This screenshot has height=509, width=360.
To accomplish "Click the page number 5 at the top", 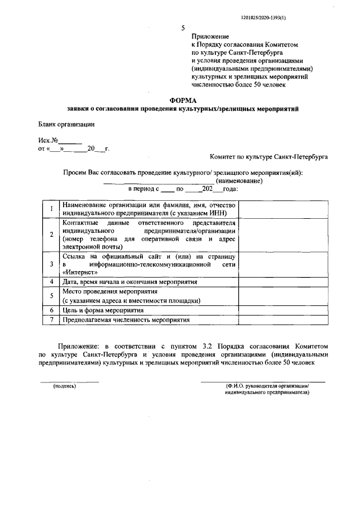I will coord(183,28).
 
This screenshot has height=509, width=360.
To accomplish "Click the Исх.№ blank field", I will coord(70,141).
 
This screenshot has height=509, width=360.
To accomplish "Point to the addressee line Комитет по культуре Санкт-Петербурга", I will coord(268,158).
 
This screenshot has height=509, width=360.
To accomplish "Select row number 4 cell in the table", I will coord(52,281).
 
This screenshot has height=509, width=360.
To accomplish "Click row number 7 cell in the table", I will coord(52,319).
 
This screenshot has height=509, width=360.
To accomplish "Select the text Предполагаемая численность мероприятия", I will coord(127,319).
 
